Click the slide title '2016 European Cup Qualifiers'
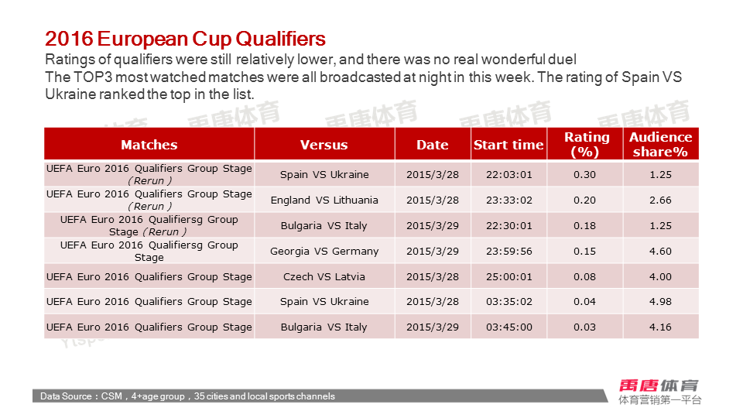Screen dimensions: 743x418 click(185, 39)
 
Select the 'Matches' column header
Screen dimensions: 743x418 click(149, 145)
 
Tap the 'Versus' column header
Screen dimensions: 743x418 click(324, 145)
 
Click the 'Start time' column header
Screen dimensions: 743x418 click(508, 145)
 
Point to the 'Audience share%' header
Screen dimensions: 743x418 click(660, 144)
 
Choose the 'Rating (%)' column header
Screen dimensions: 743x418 click(587, 144)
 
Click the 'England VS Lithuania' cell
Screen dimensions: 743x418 click(324, 200)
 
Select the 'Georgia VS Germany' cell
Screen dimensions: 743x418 click(324, 251)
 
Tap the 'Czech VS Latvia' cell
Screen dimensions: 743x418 click(324, 277)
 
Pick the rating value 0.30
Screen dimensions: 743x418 click(585, 174)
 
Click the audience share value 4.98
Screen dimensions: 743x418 click(660, 301)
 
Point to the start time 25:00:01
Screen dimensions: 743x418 click(509, 277)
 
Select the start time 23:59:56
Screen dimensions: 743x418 click(509, 251)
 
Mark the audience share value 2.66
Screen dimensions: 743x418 click(660, 200)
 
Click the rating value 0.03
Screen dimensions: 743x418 click(585, 327)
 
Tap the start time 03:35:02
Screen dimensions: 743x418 click(509, 301)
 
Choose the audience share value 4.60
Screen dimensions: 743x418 click(660, 251)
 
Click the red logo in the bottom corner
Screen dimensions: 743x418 click(659, 385)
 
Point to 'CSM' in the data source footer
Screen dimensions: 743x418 click(111, 396)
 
